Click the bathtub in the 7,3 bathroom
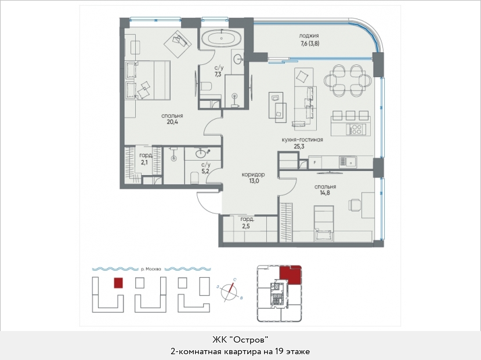coord(221,39)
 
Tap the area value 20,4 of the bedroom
coord(172,122)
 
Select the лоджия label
coord(309,36)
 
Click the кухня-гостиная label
coord(302,140)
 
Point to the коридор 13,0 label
coord(254,178)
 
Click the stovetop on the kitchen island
coord(356,129)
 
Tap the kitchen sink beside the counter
coord(348,162)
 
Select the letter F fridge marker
coord(314,163)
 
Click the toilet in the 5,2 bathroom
coord(195,178)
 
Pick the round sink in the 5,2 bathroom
coord(201,152)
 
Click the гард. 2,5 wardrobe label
coord(247,223)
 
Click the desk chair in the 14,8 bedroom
coord(355,205)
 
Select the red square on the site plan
coord(118,283)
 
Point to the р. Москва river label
coord(151,270)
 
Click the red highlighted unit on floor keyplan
coord(291,275)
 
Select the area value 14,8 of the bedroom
coord(325,193)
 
